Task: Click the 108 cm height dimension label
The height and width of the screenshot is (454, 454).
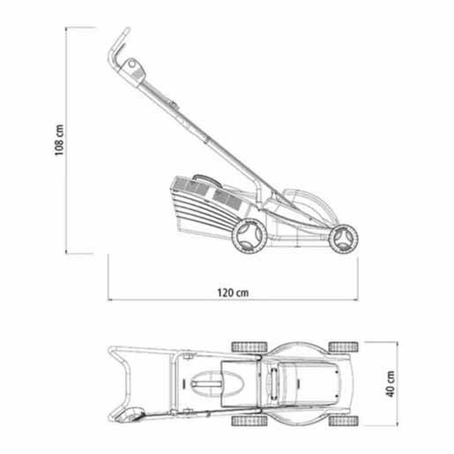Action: click(x=59, y=140)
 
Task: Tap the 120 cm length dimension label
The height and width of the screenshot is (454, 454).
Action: click(x=233, y=293)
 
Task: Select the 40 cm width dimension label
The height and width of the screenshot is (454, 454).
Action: click(x=391, y=383)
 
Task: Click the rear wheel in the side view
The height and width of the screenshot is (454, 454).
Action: click(x=249, y=236)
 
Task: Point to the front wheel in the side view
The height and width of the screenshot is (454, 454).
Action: click(x=343, y=239)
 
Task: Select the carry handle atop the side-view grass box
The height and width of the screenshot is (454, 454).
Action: click(x=207, y=180)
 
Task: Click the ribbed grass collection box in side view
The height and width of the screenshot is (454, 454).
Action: click(x=206, y=205)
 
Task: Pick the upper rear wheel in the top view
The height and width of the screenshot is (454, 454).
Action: click(x=249, y=346)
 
